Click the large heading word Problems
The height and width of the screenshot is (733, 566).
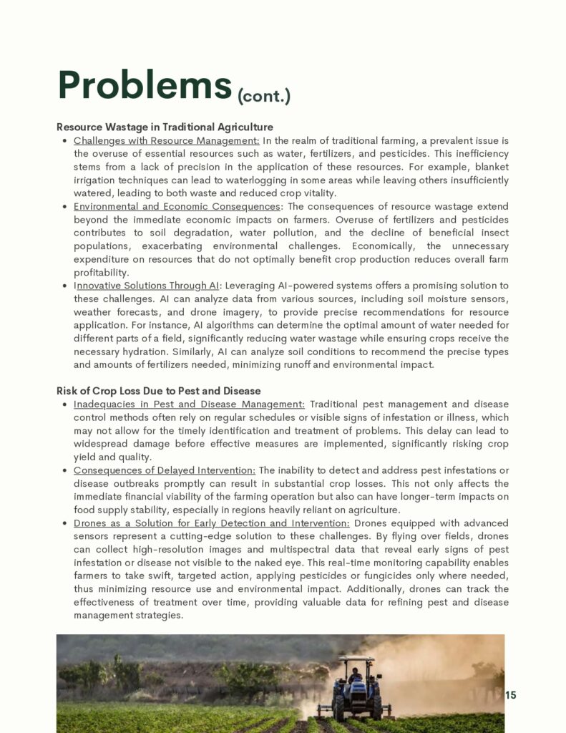pos(145,86)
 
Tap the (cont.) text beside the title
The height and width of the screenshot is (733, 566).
pos(263,95)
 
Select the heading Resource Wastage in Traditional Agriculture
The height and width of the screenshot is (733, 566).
pos(165,127)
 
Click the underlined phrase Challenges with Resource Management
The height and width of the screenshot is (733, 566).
pos(166,140)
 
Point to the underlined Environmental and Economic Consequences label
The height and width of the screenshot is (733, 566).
pos(177,206)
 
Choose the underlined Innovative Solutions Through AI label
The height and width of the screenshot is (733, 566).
pos(147,286)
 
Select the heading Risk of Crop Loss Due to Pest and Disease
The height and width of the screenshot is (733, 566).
pos(158,391)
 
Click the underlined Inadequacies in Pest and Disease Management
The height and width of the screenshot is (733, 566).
pos(189,404)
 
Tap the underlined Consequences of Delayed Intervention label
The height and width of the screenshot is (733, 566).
pos(164,470)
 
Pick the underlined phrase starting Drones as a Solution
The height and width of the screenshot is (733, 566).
pos(211,523)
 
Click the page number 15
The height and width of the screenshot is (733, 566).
pos(510,695)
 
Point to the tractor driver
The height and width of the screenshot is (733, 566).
pos(355,675)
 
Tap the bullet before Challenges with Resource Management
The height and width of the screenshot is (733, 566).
pos(65,141)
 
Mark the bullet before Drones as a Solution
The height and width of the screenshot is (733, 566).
pos(65,524)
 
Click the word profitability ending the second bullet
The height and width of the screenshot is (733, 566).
pos(101,273)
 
